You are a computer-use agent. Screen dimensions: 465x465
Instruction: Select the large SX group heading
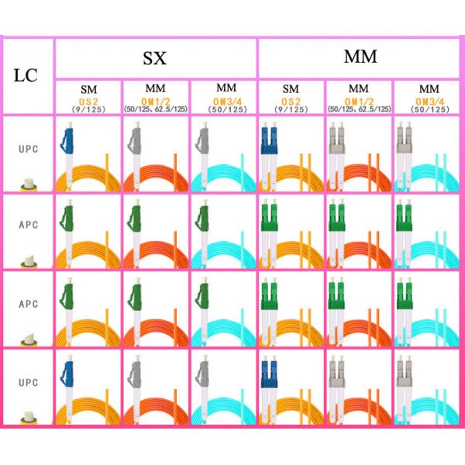click(x=154, y=57)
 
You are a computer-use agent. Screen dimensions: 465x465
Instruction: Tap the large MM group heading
click(x=360, y=56)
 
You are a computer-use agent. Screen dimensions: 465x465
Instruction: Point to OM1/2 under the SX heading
click(x=155, y=101)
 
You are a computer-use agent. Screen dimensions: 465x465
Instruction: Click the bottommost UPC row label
click(x=28, y=383)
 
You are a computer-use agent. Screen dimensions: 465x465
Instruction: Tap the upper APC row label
click(x=28, y=226)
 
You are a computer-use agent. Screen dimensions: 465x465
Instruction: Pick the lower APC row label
click(x=28, y=304)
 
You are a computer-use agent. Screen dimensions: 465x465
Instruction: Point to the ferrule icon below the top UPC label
click(x=28, y=184)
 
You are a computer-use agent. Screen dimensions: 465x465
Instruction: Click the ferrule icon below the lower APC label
click(x=28, y=339)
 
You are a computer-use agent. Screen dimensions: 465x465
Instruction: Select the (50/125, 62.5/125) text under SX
click(x=155, y=109)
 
